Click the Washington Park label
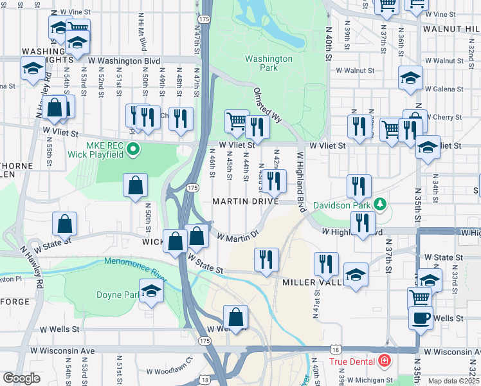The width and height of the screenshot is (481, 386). tap(269, 63)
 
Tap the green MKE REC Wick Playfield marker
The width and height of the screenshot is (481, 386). tap(133, 151)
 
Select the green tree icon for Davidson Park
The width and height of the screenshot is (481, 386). tap(380, 205)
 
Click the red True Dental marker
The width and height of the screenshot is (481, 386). tap(385, 361)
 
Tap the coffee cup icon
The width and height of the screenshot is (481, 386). tap(422, 318)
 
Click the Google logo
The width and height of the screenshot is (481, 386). tap(21, 378)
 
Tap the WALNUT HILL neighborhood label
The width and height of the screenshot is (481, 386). tap(451, 29)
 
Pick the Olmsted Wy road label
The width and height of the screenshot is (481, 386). tap(268, 106)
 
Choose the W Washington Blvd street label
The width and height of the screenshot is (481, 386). tap(124, 60)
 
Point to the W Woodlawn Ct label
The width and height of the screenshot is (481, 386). tap(169, 371)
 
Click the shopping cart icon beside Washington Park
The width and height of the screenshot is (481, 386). tap(237, 120)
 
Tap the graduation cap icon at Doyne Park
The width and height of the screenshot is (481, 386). tap(152, 291)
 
